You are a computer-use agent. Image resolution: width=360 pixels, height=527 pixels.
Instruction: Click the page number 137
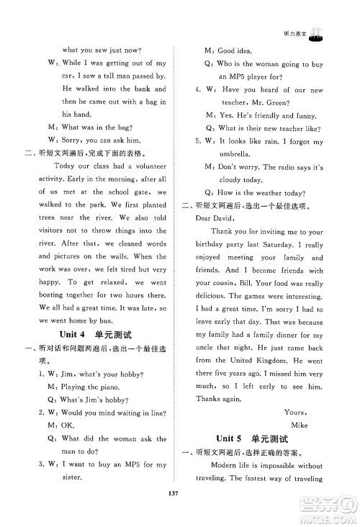click(180, 513)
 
